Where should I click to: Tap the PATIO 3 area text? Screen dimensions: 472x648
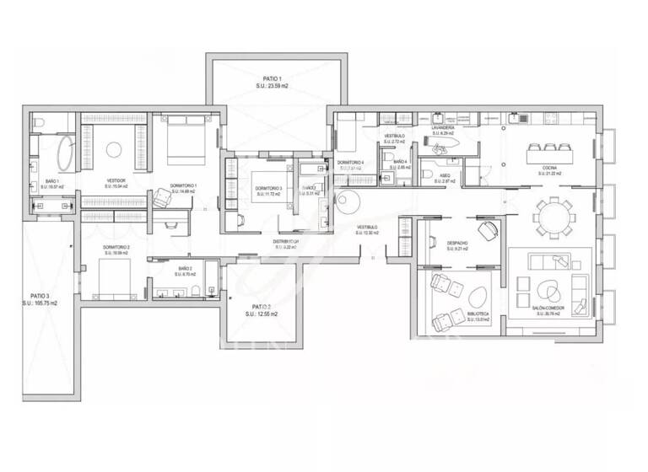click(x=43, y=302)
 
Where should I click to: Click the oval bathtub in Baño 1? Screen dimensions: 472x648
click(x=65, y=154)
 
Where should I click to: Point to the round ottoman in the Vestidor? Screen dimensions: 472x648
click(x=114, y=150)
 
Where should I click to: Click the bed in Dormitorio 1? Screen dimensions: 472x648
click(x=184, y=138)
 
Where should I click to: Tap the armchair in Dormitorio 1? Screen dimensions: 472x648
click(x=159, y=197)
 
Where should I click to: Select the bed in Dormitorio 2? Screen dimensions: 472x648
click(x=114, y=276)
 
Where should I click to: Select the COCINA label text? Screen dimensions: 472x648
click(x=549, y=168)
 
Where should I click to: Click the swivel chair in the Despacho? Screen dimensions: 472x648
click(x=487, y=229)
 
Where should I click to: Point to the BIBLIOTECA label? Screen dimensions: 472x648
click(x=478, y=314)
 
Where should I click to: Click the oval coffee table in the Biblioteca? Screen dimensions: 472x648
click(x=477, y=296)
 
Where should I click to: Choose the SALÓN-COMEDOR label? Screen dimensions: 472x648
click(x=548, y=309)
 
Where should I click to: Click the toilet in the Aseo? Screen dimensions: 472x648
click(x=428, y=174)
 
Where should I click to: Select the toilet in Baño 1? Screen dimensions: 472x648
click(x=39, y=126)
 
